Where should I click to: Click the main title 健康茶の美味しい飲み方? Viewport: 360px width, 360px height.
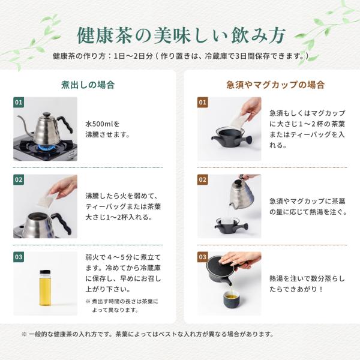tap(181, 35)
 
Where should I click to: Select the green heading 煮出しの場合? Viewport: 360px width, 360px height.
tap(88, 85)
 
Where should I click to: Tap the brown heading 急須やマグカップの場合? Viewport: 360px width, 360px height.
tap(275, 85)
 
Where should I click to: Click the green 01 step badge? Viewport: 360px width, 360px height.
tap(19, 102)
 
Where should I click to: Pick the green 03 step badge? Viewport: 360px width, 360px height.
tap(19, 257)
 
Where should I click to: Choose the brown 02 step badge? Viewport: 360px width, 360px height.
tap(203, 179)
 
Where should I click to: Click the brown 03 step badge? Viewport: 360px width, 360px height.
tap(203, 257)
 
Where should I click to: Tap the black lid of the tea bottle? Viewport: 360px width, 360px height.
tap(45, 272)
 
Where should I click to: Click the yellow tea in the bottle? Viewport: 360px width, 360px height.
tap(45, 290)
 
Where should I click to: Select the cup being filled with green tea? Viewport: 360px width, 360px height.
tap(232, 298)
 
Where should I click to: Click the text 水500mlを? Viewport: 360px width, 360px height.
tap(103, 124)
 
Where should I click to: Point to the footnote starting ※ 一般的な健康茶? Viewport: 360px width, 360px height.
tap(148, 334)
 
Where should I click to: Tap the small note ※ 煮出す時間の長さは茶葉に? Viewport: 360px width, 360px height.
tap(122, 301)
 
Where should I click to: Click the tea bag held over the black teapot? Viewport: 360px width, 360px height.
tap(239, 120)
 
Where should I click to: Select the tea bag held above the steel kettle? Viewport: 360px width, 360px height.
tap(47, 200)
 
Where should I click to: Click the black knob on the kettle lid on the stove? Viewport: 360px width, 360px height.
tap(46, 114)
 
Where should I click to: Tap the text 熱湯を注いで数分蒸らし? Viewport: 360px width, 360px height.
tap(307, 278)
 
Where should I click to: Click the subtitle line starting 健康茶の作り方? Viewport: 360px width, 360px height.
tap(181, 56)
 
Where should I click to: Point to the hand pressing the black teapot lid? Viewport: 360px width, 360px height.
tap(239, 259)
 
